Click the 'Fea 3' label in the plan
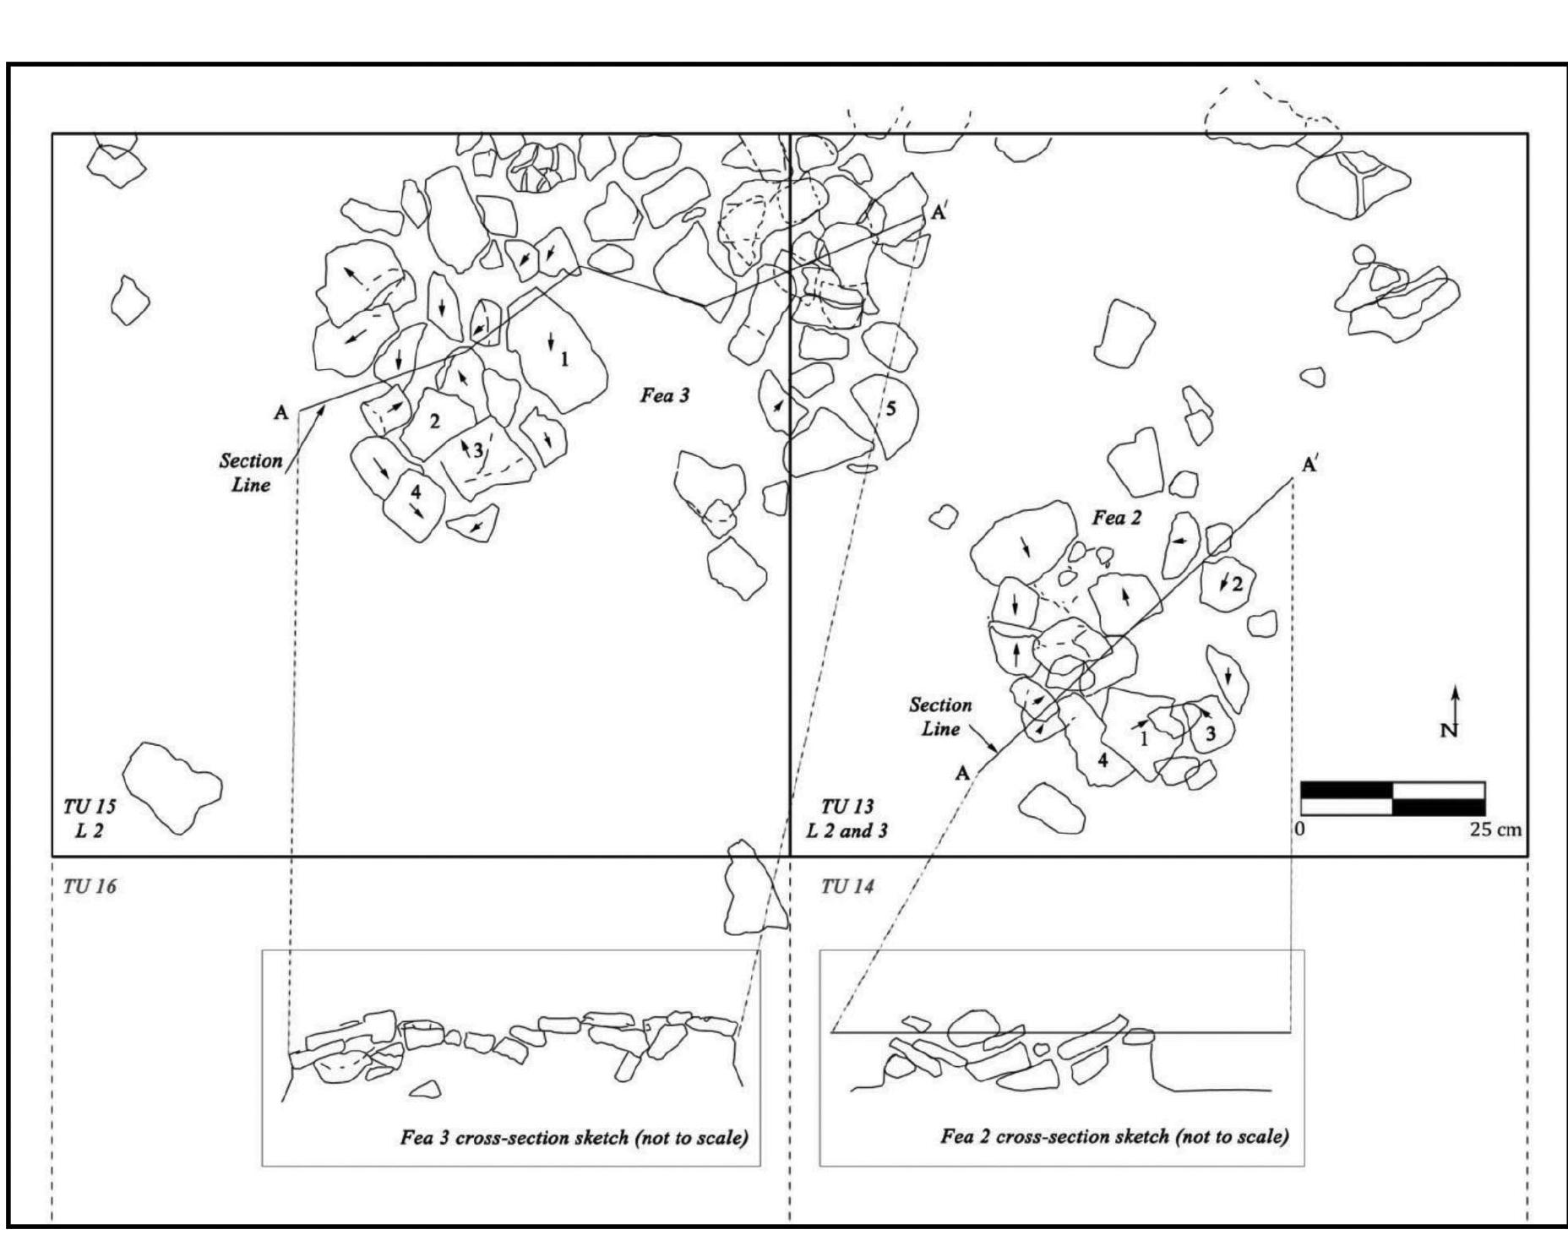[665, 394]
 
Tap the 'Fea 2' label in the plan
[1117, 518]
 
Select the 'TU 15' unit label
[90, 806]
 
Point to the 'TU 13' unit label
[847, 806]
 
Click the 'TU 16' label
[90, 886]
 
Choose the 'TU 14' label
[847, 886]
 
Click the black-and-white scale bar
[1392, 798]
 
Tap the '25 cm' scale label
[1495, 830]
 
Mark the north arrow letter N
[1449, 732]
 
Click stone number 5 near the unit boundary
[890, 410]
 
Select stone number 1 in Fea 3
[564, 359]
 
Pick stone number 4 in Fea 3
[415, 491]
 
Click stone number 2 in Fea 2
[1237, 584]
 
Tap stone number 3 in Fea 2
[1210, 734]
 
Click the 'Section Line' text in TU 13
[940, 716]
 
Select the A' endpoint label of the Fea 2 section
[1309, 465]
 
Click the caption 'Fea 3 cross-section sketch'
[574, 1138]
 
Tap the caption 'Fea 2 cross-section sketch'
[1114, 1136]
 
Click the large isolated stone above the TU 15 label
[172, 786]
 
